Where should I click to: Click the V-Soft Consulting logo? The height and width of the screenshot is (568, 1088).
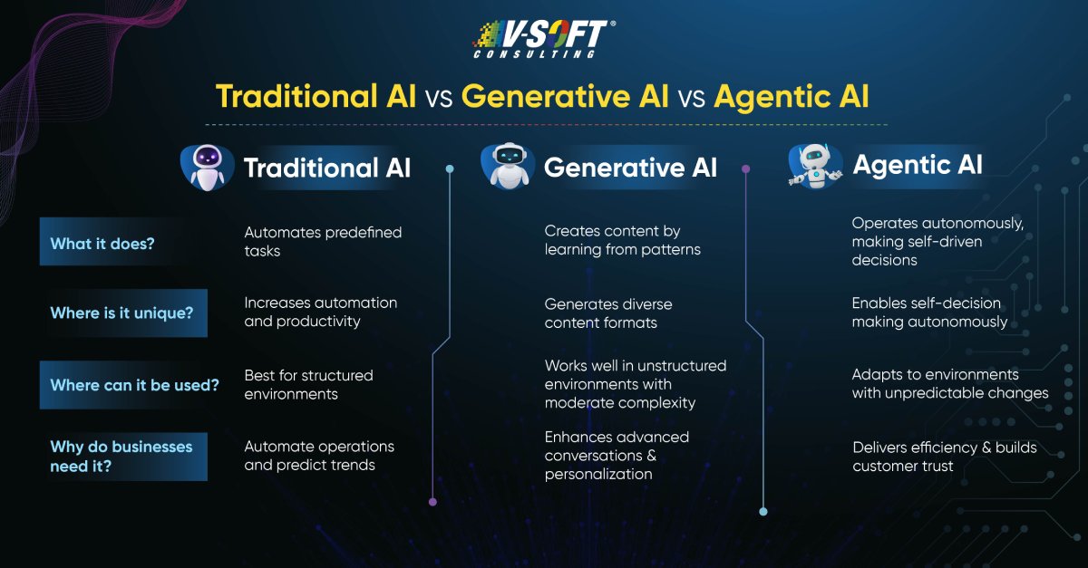(544, 39)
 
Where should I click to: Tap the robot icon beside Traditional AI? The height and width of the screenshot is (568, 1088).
(208, 168)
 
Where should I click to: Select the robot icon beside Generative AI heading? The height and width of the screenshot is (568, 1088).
(508, 166)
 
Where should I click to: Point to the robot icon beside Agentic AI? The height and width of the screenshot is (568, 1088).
(815, 166)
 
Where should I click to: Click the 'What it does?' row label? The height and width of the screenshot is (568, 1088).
(102, 243)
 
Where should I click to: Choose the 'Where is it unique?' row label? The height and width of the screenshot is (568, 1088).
(121, 313)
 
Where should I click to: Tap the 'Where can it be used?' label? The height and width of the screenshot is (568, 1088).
(134, 385)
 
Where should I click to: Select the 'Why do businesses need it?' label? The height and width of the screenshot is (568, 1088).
(121, 457)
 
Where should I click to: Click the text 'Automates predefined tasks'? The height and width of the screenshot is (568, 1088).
(323, 241)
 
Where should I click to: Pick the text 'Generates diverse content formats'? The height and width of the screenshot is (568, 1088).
(608, 313)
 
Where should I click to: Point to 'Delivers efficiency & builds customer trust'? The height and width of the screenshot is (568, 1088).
(945, 457)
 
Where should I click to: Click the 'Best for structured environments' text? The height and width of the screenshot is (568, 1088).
(308, 384)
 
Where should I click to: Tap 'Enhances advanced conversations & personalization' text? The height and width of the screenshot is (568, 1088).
(617, 456)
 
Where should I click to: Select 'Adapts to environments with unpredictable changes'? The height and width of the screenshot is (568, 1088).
(950, 383)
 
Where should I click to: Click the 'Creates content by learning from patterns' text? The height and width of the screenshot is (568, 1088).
(622, 240)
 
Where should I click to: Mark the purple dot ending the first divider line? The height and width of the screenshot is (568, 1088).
(432, 502)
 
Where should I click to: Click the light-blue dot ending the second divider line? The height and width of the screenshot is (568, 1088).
(763, 511)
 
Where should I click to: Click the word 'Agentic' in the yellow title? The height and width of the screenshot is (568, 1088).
(772, 97)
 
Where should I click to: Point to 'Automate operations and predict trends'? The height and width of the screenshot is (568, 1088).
(319, 456)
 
